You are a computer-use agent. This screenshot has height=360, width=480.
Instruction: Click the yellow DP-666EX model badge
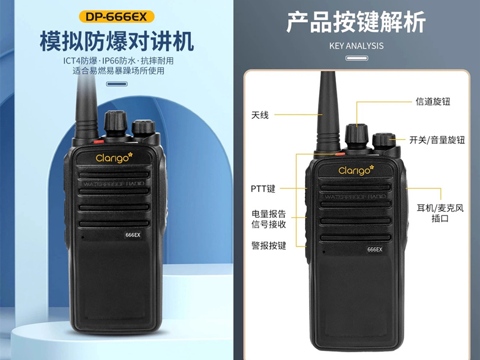(x=116, y=17)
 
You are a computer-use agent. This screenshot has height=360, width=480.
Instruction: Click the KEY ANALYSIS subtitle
(x=356, y=46)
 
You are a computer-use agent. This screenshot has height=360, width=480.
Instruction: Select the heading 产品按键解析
(x=356, y=22)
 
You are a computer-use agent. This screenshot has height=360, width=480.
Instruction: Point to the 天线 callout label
(x=260, y=115)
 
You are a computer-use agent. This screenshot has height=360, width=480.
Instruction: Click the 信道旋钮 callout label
(x=433, y=101)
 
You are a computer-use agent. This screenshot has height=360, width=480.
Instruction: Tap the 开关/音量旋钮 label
(x=437, y=140)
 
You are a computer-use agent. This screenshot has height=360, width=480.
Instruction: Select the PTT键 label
(x=263, y=188)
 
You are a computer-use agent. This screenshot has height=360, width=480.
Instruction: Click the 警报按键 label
(x=268, y=245)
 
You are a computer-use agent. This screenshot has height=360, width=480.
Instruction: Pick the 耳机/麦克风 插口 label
(x=440, y=213)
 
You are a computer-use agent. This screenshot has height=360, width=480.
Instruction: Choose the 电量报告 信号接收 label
(x=268, y=219)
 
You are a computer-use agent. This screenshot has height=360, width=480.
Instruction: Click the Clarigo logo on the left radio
(x=114, y=158)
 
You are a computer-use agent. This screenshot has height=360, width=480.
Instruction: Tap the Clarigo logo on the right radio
(x=356, y=170)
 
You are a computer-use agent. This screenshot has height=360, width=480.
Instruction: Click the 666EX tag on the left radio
(x=133, y=235)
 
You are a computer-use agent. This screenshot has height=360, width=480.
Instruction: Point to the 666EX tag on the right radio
(x=374, y=250)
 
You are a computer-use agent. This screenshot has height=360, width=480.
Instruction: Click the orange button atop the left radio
(x=98, y=142)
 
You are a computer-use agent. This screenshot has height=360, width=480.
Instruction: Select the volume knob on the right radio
(x=384, y=142)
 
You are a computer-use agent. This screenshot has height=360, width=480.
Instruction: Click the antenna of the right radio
(x=328, y=111)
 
